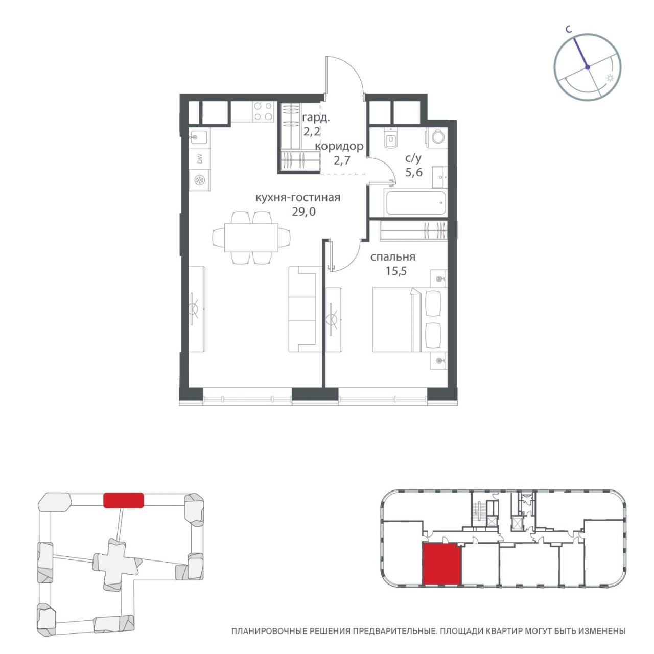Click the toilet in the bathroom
(391, 138)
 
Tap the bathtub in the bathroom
(415, 203)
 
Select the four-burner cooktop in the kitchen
(263, 111)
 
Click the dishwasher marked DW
(200, 159)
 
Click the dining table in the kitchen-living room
(251, 237)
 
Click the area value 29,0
(303, 212)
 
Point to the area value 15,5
(396, 271)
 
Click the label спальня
(393, 257)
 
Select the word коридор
(339, 146)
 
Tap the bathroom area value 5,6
(414, 172)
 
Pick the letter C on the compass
(569, 30)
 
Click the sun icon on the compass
(610, 78)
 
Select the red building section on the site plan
(124, 500)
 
